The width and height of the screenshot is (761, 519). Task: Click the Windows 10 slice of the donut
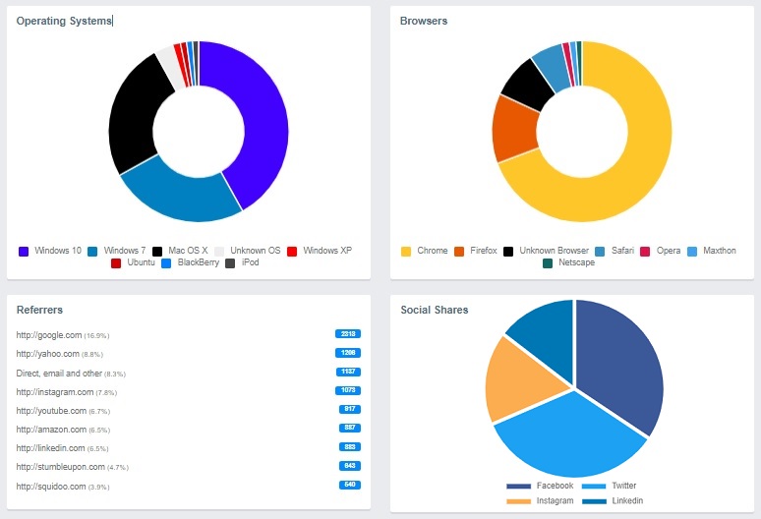click(x=261, y=118)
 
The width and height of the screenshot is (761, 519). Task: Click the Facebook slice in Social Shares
click(x=619, y=364)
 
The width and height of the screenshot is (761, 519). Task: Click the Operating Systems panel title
click(x=64, y=21)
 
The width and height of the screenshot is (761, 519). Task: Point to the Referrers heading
click(x=39, y=310)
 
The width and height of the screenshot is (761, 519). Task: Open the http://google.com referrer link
click(x=49, y=335)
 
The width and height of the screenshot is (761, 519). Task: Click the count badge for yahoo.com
click(x=348, y=352)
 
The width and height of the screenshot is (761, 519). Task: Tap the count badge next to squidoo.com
click(x=348, y=485)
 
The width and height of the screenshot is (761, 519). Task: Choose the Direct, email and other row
click(x=60, y=373)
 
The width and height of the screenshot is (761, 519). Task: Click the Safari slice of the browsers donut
click(x=552, y=68)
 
